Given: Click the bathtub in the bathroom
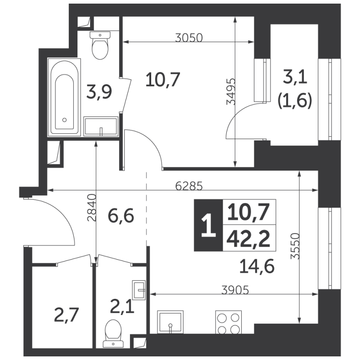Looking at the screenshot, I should (65, 97).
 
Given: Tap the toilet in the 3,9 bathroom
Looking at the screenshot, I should (100, 45).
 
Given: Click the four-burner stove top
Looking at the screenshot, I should (227, 322).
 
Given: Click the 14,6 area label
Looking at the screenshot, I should (257, 266).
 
